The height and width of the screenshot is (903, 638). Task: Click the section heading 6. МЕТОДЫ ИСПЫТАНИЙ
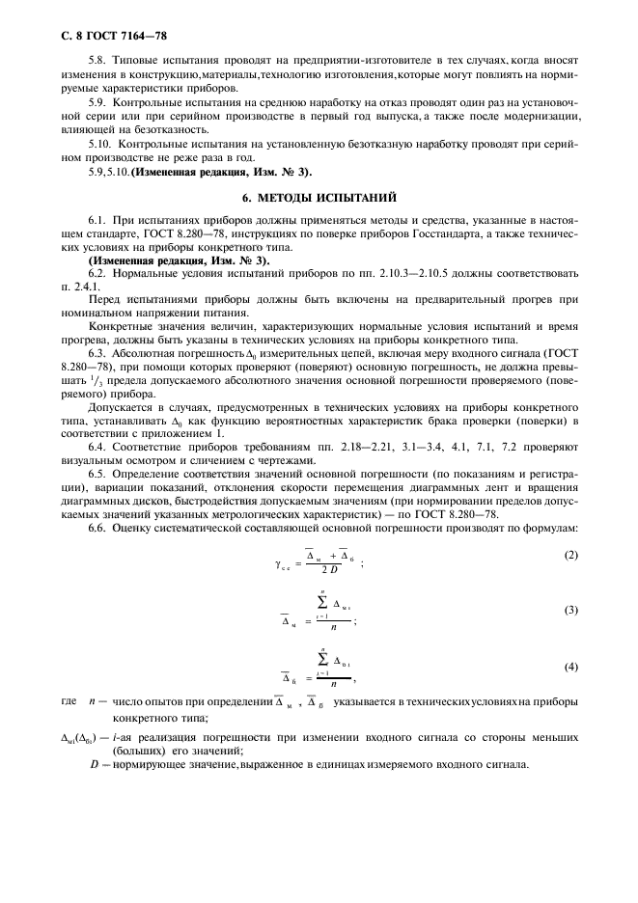click(x=319, y=197)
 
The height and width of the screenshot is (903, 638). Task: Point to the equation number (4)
click(x=570, y=668)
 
